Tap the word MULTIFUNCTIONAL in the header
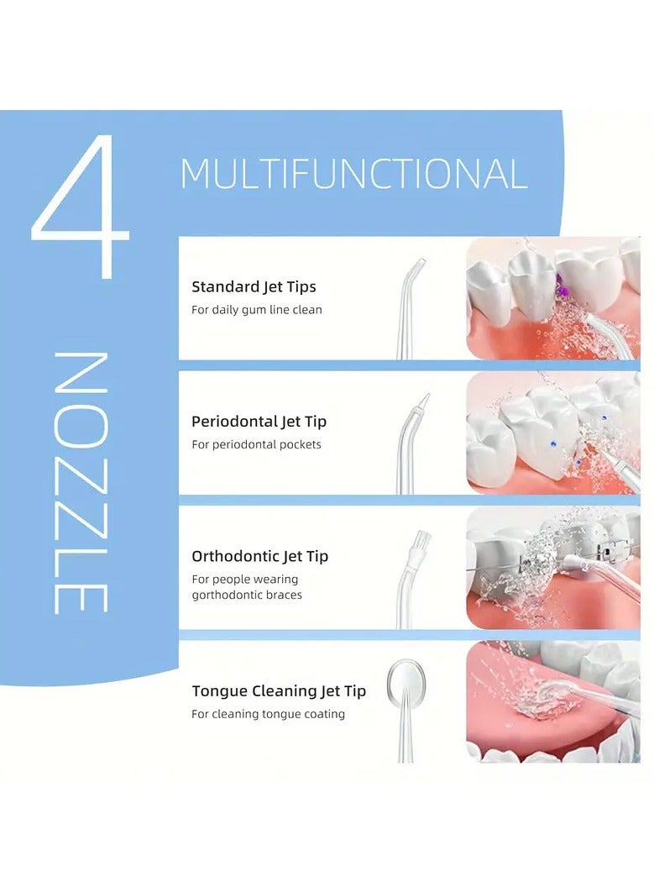coord(353,174)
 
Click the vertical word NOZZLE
coord(81,482)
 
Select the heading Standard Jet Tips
coord(254,287)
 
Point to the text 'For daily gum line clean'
coord(256,310)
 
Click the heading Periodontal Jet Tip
coord(259,422)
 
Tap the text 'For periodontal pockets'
coord(256,444)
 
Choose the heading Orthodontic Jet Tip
coord(259,556)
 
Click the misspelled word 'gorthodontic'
coord(228,595)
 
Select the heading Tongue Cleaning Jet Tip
coord(279,691)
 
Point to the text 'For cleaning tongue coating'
coord(268,714)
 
